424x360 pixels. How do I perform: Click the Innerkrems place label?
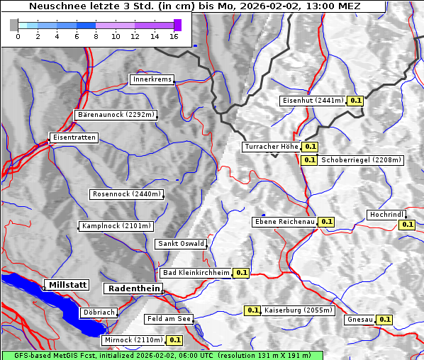[152, 79]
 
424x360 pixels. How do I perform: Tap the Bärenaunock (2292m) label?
[116, 114]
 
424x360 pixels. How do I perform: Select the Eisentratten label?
[73, 137]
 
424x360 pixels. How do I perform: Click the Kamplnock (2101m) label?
[116, 226]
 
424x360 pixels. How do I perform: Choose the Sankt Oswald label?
[181, 244]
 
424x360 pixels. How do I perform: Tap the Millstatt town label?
[67, 284]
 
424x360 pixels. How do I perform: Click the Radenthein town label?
[133, 288]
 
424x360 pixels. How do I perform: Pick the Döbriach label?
[99, 312]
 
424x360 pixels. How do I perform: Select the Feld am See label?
[169, 319]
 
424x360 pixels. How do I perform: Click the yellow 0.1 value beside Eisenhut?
[356, 101]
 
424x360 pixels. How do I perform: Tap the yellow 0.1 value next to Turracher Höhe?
[310, 147]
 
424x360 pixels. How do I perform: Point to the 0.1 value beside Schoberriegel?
[309, 159]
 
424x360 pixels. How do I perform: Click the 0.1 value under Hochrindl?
[407, 225]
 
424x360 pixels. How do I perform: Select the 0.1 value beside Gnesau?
[384, 320]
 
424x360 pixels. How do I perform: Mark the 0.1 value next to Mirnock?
[175, 340]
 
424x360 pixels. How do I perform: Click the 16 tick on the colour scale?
[174, 36]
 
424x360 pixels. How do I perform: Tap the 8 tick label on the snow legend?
[96, 36]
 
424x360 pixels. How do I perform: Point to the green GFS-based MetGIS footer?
[162, 355]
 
